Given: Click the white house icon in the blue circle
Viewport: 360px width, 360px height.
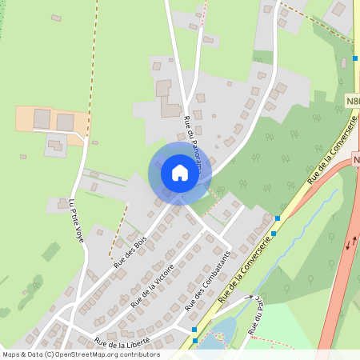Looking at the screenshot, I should click(179, 173).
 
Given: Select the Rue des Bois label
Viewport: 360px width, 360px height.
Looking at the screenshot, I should click(130, 250).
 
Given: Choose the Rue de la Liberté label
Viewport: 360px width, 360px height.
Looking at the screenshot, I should click(121, 342).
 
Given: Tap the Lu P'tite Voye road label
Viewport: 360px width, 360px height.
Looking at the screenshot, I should click(77, 225).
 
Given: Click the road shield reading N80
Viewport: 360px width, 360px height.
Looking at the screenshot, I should click(354, 100).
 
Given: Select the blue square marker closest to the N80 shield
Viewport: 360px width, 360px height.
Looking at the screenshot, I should click(355, 58).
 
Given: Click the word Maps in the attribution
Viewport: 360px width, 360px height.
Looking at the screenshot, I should click(12, 354).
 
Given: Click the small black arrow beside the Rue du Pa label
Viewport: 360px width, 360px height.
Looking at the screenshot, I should click(250, 297).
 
